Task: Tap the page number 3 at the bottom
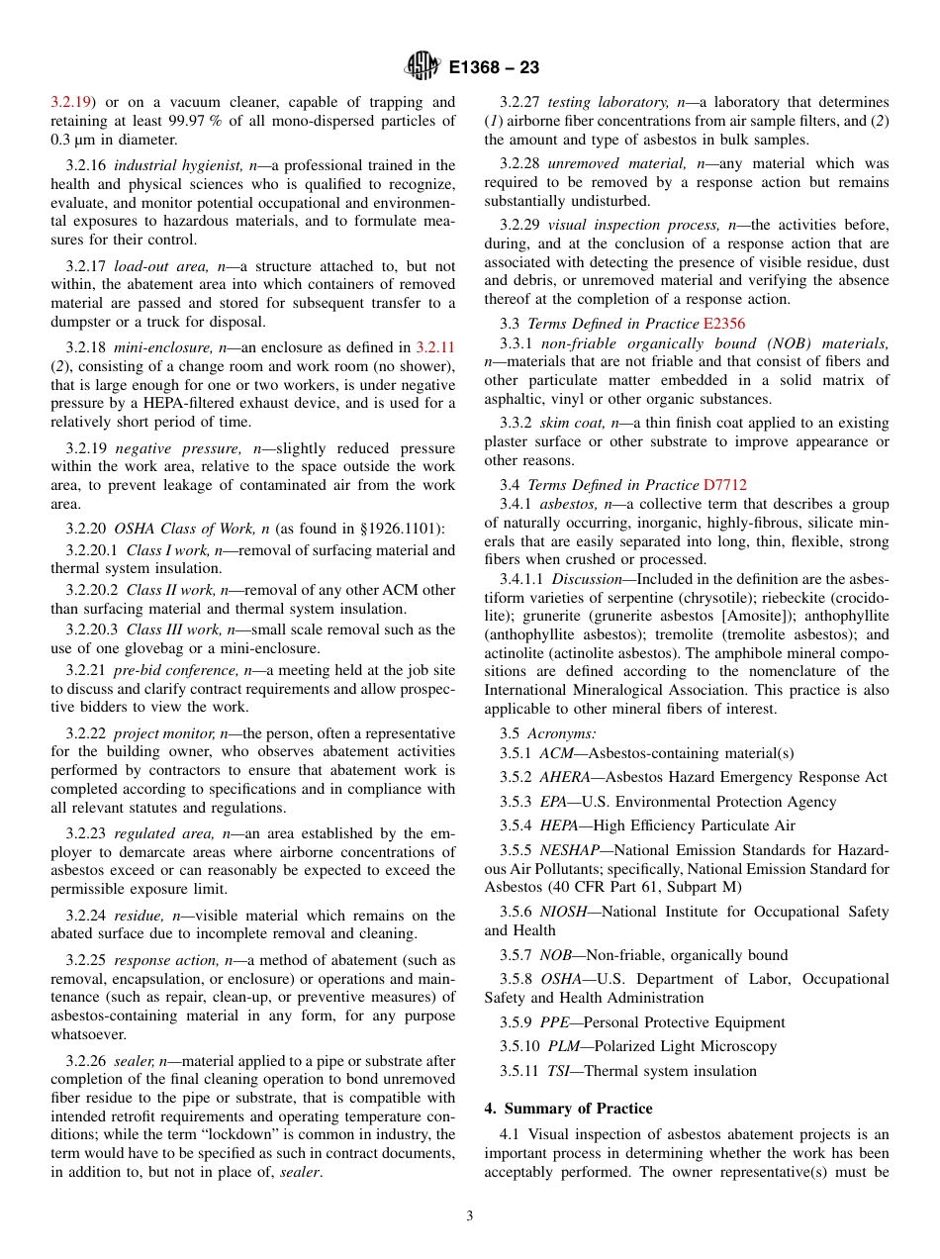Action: point(470,1215)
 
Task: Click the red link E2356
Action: point(724,324)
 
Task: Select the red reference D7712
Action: point(725,485)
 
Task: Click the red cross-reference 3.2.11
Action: point(435,347)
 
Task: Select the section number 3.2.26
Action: point(88,1060)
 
